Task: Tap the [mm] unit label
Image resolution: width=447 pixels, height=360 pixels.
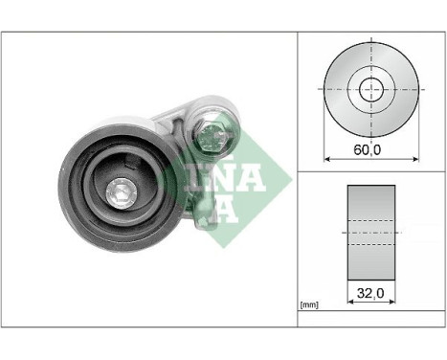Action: coord(308,304)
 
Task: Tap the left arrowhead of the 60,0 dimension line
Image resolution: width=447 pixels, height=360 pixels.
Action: coord(328,157)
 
